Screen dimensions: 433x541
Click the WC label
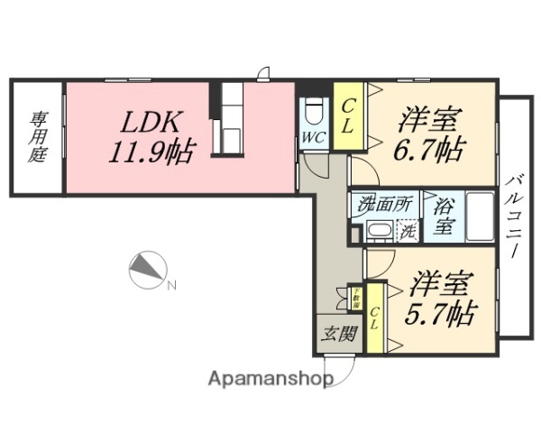coord(313,138)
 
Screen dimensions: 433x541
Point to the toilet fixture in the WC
coord(313,114)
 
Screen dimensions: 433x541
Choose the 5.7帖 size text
coord(439,314)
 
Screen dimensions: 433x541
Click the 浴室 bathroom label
coord(443,216)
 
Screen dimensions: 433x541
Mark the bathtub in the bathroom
coord(479,216)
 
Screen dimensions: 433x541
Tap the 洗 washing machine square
coord(408,231)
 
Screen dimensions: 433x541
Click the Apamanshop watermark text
coord(270,380)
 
